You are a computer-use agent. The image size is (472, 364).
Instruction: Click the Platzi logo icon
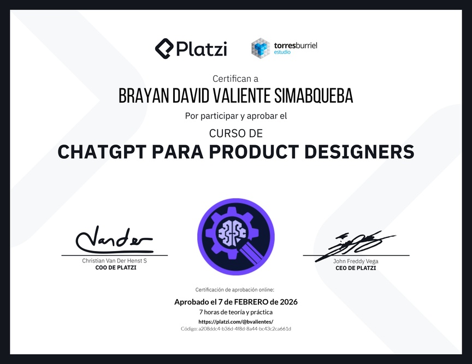click(164, 49)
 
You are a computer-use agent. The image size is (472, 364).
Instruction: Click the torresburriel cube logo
click(261, 48)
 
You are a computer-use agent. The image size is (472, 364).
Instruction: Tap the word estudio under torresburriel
click(282, 52)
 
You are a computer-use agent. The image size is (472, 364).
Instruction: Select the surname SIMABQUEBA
click(314, 96)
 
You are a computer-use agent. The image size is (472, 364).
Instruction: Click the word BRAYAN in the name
click(144, 96)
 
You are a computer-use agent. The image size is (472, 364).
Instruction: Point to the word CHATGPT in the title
click(102, 152)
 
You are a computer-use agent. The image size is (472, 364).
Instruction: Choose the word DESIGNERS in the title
click(359, 152)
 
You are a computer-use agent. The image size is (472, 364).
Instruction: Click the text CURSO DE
click(236, 133)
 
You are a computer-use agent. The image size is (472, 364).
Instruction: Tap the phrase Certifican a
click(235, 79)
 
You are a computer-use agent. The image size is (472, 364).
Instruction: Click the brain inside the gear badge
click(232, 232)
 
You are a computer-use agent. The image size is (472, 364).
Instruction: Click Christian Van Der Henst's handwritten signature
click(114, 240)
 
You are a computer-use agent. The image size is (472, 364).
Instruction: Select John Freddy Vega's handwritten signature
click(355, 245)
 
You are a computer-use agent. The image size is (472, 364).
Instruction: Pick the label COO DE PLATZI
click(116, 268)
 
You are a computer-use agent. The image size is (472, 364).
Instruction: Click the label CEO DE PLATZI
click(356, 268)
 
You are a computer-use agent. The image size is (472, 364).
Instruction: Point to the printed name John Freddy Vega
click(356, 261)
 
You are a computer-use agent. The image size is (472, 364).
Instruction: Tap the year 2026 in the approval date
click(288, 302)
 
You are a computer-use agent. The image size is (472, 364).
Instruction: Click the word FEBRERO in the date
click(251, 302)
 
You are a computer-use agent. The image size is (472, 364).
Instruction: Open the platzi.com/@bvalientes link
click(235, 321)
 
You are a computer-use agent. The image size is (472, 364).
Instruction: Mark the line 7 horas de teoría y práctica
click(235, 312)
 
